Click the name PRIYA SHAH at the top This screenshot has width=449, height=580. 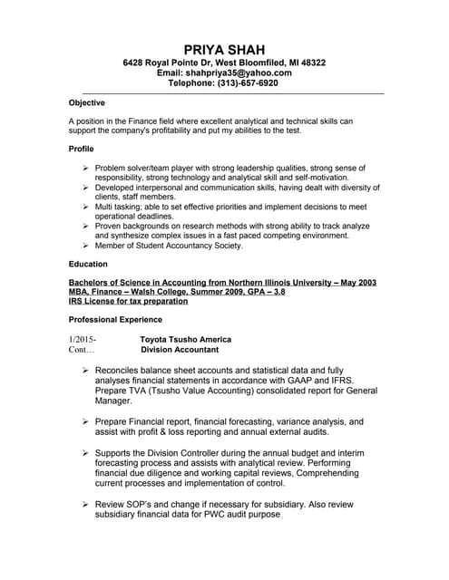224,48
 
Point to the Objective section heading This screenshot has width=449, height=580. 87,102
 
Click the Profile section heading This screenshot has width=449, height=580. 82,148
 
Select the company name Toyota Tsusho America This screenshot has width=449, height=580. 186,339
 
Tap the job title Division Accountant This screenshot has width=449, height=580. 180,349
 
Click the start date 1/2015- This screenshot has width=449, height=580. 82,339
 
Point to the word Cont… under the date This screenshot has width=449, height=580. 81,349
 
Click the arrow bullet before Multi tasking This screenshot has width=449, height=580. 85,207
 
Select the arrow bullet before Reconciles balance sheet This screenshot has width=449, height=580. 85,371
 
